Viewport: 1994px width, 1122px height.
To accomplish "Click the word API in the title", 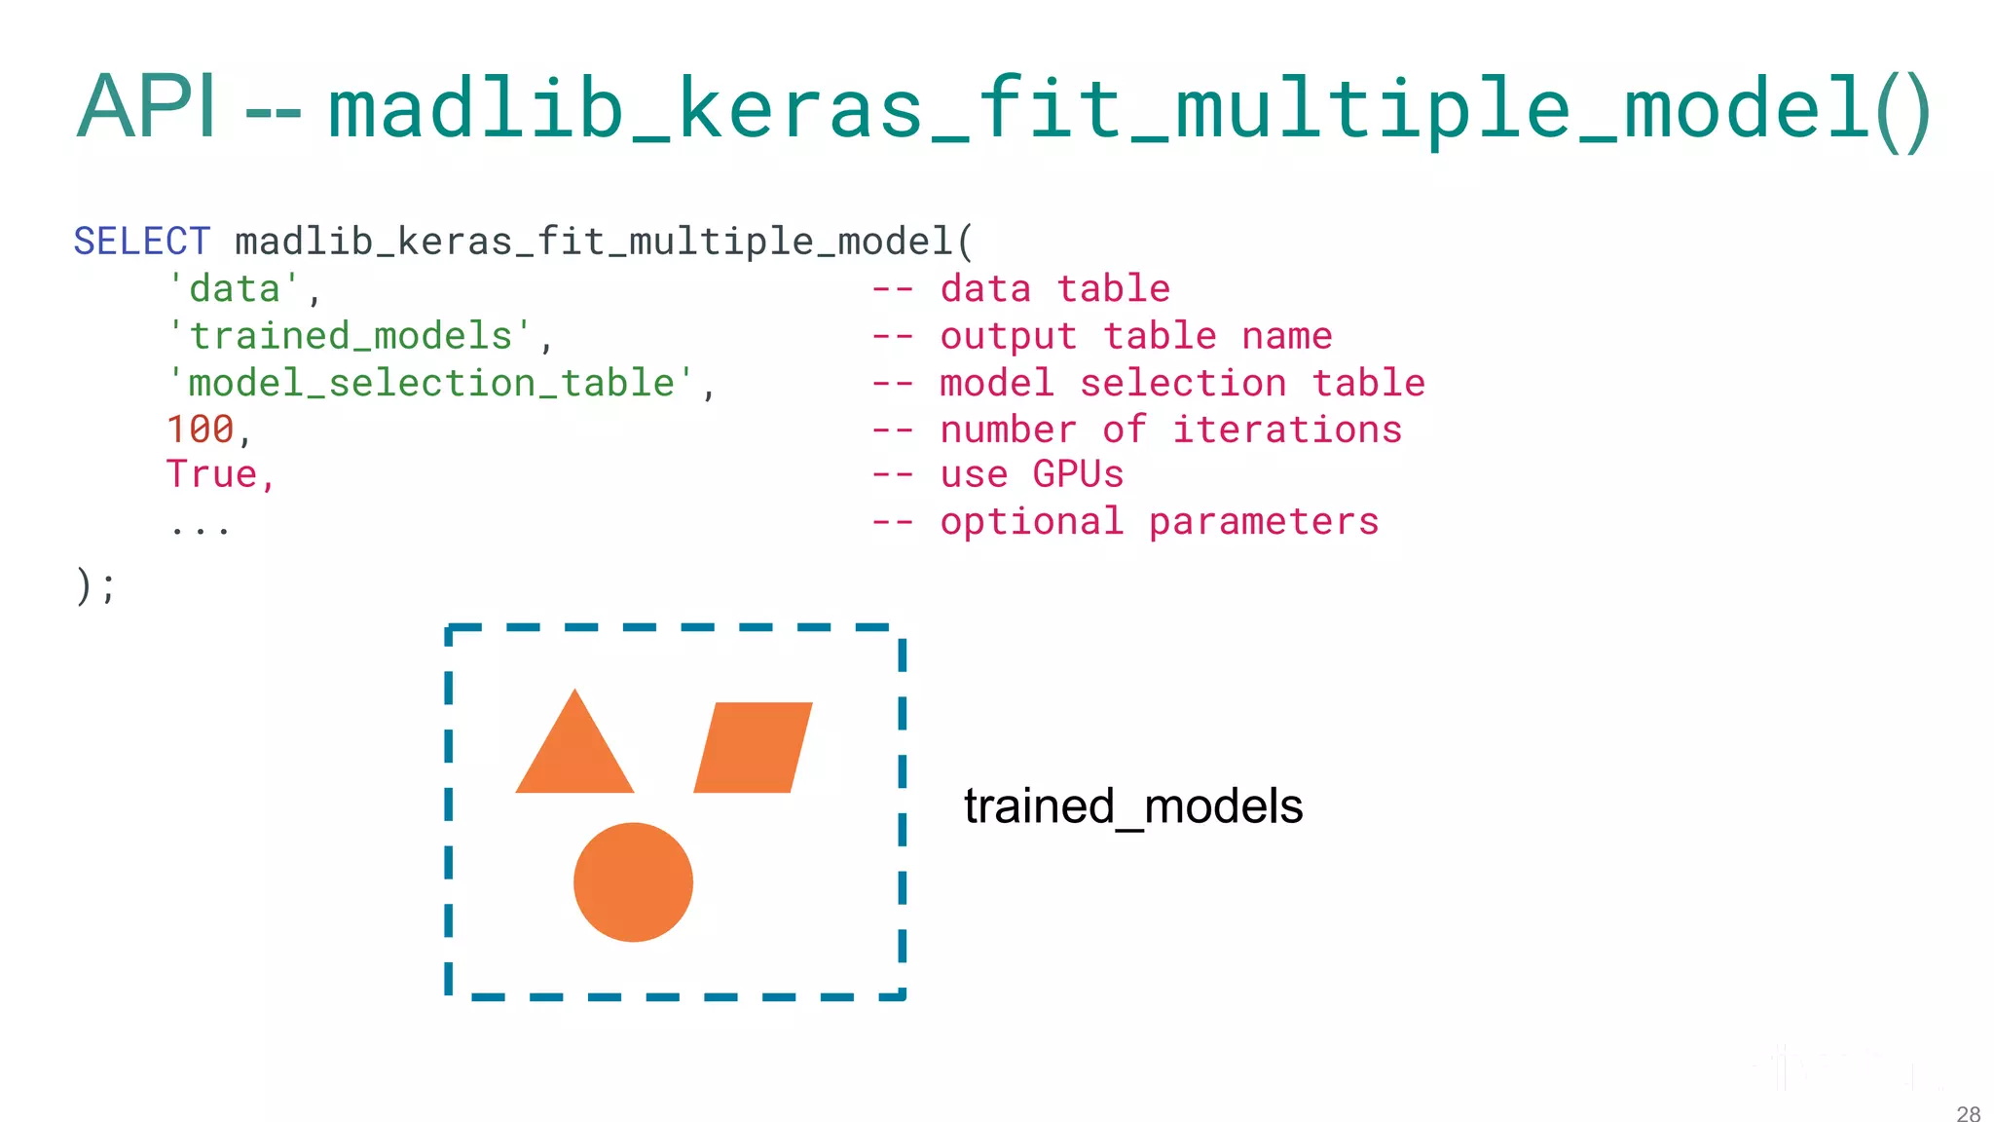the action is [x=146, y=107].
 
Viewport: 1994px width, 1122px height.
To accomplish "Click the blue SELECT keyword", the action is [x=142, y=242].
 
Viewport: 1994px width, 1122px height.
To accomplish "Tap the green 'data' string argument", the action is [x=235, y=289].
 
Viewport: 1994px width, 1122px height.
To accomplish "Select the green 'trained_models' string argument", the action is [x=351, y=336].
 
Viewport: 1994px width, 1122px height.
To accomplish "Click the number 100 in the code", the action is [x=200, y=430].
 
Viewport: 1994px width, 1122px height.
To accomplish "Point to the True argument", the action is [x=212, y=474].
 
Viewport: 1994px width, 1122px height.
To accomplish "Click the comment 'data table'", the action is [x=1054, y=289].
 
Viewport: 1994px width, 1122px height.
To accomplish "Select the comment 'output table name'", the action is [x=1135, y=336].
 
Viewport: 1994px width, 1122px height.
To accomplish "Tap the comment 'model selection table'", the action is [x=1182, y=383].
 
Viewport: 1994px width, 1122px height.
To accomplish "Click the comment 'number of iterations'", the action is [x=1170, y=430].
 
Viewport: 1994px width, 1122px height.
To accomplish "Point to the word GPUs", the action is [x=1078, y=474].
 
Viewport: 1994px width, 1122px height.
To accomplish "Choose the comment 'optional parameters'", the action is [x=1159, y=522].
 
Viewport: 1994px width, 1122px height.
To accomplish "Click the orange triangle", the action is [x=574, y=755].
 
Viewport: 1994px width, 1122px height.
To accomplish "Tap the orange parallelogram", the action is [x=753, y=747].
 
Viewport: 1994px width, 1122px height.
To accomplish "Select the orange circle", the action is [x=633, y=882].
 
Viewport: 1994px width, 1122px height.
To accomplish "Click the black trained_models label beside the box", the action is [x=1133, y=806].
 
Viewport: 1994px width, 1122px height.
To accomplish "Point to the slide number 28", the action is [x=1968, y=1113].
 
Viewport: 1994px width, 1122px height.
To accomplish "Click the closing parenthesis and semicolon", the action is [x=95, y=586].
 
